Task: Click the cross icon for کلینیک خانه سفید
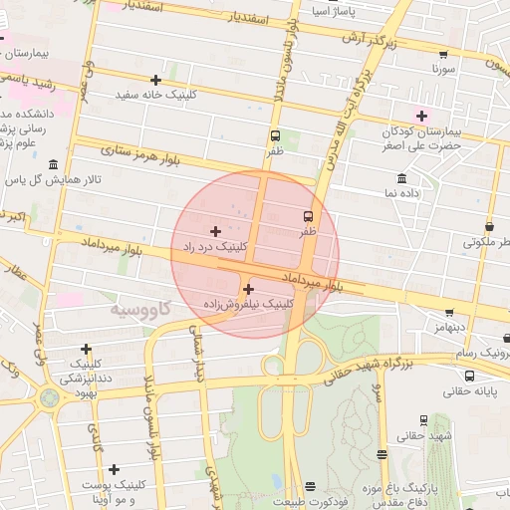(x=155, y=80)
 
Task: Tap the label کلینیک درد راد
(x=214, y=245)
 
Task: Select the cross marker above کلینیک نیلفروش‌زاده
(x=248, y=289)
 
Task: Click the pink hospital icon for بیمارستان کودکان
(x=421, y=116)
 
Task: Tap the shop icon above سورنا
(x=443, y=55)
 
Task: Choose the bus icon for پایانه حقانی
(x=469, y=376)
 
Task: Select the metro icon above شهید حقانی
(x=424, y=420)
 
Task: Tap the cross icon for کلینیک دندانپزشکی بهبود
(x=87, y=349)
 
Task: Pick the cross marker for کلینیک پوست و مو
(x=115, y=469)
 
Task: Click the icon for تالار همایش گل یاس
(x=52, y=164)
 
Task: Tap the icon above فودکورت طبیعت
(x=310, y=486)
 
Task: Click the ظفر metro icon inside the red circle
(x=308, y=215)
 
